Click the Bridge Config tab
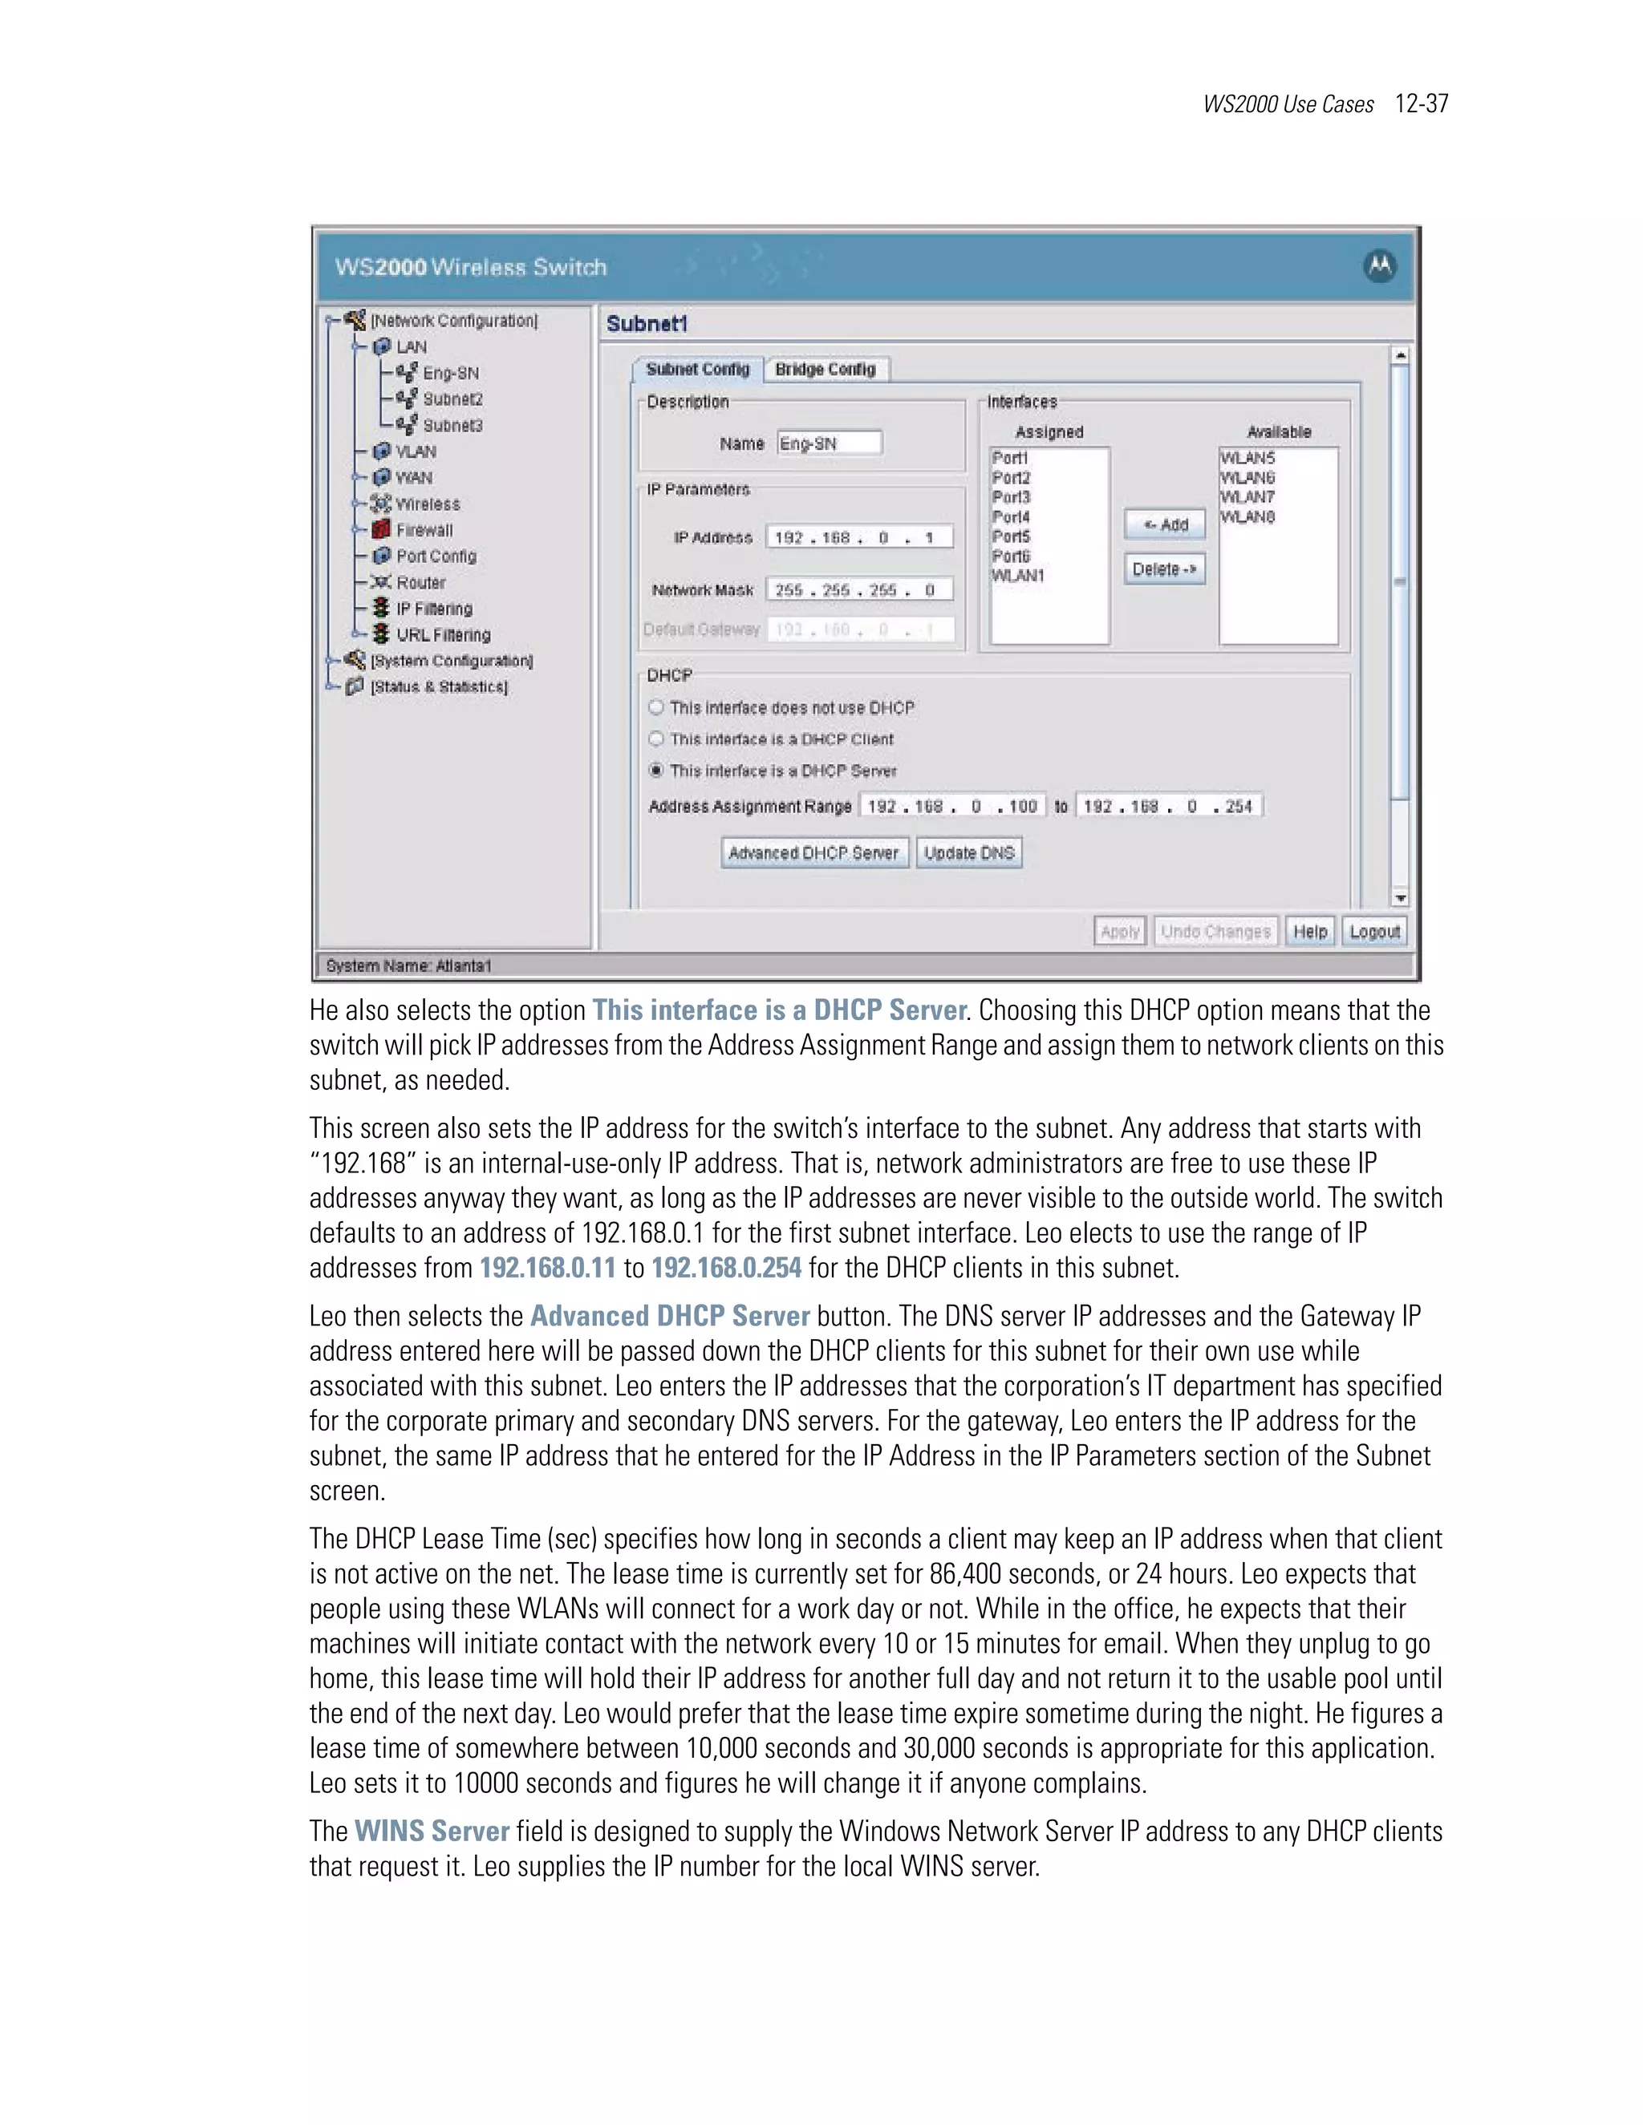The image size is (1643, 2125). [826, 370]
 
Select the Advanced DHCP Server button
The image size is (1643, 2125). [813, 853]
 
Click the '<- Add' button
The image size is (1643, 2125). [1165, 524]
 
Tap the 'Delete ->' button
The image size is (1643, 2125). [1165, 569]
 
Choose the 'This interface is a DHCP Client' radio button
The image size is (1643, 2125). [656, 739]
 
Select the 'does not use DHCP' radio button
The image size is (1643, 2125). [656, 707]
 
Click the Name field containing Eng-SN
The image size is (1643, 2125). [830, 443]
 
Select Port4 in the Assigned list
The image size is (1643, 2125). [1012, 516]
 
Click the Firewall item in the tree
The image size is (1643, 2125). [424, 530]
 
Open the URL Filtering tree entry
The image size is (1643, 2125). [443, 635]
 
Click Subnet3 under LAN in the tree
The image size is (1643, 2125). [452, 426]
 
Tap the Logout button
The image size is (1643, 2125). [1374, 932]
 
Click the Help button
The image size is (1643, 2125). [1310, 932]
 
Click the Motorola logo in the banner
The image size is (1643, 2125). [1379, 265]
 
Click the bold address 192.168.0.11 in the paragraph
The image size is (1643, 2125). [548, 1269]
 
